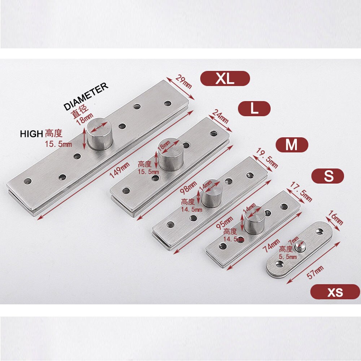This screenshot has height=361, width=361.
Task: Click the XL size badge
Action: pyautogui.click(x=225, y=78)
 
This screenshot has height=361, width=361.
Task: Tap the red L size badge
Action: pyautogui.click(x=254, y=108)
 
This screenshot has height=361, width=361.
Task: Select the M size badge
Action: pyautogui.click(x=292, y=145)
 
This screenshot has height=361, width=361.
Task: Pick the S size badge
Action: pyautogui.click(x=328, y=176)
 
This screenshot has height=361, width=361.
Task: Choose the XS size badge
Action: pyautogui.click(x=335, y=292)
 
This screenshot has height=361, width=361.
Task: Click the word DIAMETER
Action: pyautogui.click(x=86, y=96)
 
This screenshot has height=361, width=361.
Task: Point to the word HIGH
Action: pyautogui.click(x=31, y=134)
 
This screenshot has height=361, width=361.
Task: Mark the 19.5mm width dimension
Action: pyautogui.click(x=266, y=158)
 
